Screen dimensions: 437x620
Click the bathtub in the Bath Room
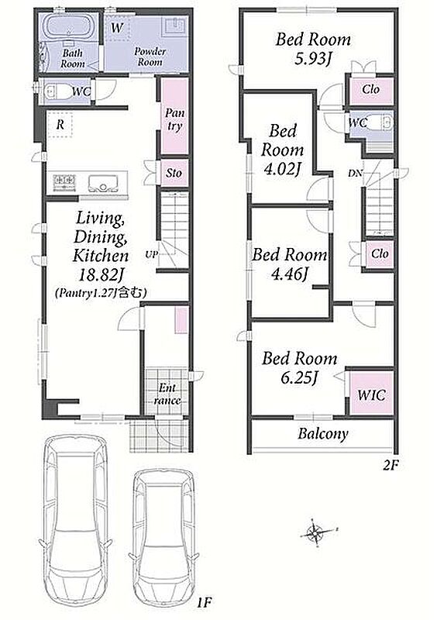(71, 26)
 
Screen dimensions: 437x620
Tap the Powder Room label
(150, 57)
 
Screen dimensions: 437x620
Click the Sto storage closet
(174, 173)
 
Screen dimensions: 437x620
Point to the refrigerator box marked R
(60, 125)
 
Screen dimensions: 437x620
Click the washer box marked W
(118, 28)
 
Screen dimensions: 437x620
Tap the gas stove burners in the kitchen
(64, 183)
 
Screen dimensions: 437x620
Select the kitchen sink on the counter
(103, 183)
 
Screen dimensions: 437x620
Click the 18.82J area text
(101, 274)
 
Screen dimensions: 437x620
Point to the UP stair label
(151, 254)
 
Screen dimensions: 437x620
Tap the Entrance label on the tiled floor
(167, 394)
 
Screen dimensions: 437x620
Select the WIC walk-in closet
(371, 394)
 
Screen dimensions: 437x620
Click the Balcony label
(322, 433)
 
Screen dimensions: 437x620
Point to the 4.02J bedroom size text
(282, 169)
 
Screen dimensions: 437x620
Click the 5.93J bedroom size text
(313, 59)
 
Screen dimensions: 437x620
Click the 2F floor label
(391, 466)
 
